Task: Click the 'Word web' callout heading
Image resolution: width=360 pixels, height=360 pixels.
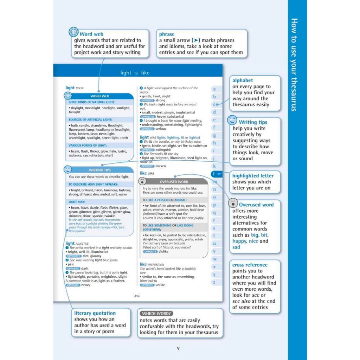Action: pos(91,34)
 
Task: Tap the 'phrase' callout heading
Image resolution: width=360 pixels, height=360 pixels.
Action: pos(167,34)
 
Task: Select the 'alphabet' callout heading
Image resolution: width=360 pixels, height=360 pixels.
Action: pos(243,81)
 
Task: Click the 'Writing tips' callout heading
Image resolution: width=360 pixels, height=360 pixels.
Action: pos(253,122)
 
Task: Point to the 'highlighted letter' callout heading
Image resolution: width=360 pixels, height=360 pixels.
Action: pos(253,176)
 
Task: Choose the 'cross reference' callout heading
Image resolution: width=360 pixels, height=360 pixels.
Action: pos(250,265)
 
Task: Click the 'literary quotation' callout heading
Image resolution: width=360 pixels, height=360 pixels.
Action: pos(95,313)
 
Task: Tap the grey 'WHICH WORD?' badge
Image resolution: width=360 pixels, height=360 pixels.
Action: pos(157,313)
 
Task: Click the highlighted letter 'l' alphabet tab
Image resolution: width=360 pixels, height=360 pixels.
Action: pos(214,174)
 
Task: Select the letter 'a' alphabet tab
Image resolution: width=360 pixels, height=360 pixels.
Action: pos(214,89)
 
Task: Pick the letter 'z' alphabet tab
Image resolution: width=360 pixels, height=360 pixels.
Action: pos(214,282)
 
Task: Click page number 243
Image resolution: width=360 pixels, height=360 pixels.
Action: pos(137,296)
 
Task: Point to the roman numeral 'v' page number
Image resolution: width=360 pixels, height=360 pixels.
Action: pos(178,348)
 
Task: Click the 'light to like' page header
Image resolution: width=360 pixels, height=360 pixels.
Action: pos(135,73)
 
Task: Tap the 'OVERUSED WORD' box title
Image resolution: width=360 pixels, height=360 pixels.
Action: pos(174,182)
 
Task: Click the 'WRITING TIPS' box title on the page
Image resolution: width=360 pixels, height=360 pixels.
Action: pos(101,170)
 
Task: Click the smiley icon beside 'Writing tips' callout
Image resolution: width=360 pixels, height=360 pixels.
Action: pos(232,120)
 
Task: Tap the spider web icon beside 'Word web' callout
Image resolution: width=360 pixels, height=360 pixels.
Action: pos(73,32)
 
